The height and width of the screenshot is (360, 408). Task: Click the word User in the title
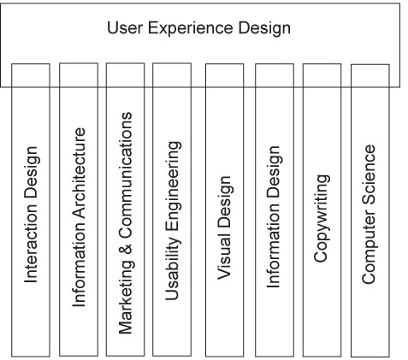click(x=125, y=27)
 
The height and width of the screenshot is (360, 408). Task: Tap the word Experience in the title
click(x=190, y=29)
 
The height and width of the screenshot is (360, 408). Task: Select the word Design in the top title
click(x=264, y=29)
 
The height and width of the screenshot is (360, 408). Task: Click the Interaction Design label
click(x=32, y=215)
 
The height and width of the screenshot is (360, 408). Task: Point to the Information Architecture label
click(x=79, y=217)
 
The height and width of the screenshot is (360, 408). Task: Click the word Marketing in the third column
click(x=126, y=297)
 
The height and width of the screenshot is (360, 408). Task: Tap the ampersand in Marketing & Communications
click(x=126, y=249)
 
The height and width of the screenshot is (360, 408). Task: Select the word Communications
click(x=126, y=175)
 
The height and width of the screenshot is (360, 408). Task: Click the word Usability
click(x=173, y=268)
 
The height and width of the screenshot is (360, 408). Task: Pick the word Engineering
click(x=173, y=186)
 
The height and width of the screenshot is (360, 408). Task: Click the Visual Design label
click(x=224, y=227)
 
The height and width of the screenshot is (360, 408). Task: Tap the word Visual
click(x=224, y=257)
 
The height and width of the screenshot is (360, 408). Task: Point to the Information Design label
click(x=274, y=216)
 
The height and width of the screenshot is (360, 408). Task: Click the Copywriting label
click(x=322, y=218)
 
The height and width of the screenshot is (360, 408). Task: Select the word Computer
click(x=369, y=246)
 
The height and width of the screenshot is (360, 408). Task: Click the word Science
click(x=369, y=175)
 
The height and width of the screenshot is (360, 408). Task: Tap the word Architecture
click(x=79, y=174)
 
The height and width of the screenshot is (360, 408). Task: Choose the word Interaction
click(x=31, y=244)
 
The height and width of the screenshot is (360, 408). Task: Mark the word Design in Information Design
click(x=275, y=172)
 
